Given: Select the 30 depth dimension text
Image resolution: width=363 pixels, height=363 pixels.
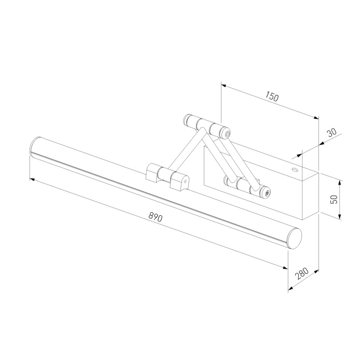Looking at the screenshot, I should [x=332, y=132].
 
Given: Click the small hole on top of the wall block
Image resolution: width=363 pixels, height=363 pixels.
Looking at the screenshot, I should [x=295, y=169].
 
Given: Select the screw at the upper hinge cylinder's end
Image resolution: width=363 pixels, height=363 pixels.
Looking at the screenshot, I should [x=228, y=134].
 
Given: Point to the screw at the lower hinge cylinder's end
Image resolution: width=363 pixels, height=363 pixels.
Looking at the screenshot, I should [x=267, y=193].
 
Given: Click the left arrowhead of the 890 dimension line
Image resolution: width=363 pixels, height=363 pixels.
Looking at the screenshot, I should [x=32, y=179].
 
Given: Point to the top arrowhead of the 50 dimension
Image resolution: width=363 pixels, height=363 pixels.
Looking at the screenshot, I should [x=340, y=182].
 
